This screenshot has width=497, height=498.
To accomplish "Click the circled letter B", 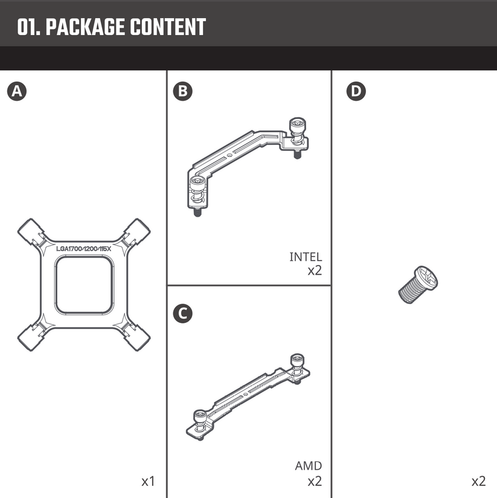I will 182,91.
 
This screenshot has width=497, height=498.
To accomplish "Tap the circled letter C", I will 182,314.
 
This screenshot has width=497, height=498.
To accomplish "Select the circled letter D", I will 357,91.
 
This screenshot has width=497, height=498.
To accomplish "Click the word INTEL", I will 306,257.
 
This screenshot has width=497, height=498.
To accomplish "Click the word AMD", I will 308,466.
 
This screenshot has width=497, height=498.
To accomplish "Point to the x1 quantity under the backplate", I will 148,481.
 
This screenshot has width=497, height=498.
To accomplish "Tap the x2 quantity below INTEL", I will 315,270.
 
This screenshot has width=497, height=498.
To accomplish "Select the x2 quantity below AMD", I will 315,481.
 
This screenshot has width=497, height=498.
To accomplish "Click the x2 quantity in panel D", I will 478,481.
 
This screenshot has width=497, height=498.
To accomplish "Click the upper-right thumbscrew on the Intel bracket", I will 297,128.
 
